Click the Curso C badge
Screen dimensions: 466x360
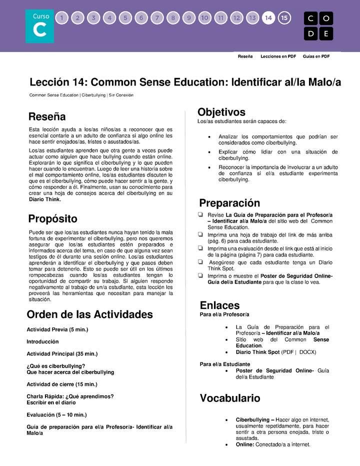pos(40,26)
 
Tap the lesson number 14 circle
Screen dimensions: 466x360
pos(268,18)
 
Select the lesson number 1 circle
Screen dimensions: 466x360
pos(61,18)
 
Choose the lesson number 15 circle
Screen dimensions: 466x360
pos(284,18)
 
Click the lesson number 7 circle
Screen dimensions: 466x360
pos(157,18)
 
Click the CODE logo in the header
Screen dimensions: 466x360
pos(318,26)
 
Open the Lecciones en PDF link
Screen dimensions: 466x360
pos(278,56)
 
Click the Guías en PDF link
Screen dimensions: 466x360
pos(316,56)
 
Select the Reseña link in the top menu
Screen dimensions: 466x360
pos(245,56)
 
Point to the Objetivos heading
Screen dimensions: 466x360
pos(221,112)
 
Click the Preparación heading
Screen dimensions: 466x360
pos(229,203)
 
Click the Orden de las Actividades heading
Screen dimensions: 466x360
pos(89,314)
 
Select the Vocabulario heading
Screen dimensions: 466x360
pos(230,398)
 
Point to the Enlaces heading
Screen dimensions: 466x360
pos(219,305)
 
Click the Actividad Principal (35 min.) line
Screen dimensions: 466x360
pos(62,353)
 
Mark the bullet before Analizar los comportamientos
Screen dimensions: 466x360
pos(208,136)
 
